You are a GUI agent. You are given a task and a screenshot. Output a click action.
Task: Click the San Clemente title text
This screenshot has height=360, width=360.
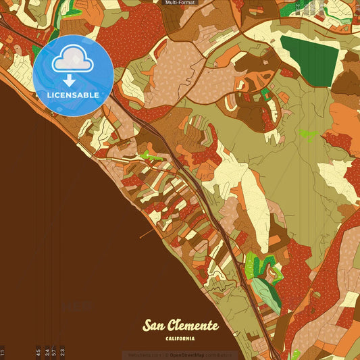(180, 326)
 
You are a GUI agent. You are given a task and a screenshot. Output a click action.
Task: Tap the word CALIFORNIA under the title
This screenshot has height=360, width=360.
(180, 338)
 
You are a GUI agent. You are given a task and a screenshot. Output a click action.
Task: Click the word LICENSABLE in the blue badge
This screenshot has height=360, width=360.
(73, 95)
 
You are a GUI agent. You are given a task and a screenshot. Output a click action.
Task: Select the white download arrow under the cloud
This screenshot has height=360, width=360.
(69, 80)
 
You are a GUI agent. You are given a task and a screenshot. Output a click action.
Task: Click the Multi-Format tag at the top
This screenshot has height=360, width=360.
(180, 3)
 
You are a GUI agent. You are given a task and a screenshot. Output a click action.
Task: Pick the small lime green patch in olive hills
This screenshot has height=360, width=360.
(309, 134)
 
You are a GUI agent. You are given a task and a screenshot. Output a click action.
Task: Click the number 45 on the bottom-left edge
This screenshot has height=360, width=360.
(38, 351)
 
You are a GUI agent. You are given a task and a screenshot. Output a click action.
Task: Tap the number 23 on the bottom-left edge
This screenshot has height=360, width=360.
(62, 351)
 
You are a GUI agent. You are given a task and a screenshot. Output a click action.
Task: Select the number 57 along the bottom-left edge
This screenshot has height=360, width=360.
(54, 351)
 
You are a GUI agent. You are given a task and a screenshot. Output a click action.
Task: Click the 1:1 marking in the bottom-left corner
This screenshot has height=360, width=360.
(3, 352)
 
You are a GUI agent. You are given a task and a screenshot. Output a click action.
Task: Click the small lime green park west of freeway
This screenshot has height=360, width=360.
(150, 157)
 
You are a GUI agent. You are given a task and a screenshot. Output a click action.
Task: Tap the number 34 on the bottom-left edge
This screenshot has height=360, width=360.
(46, 351)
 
